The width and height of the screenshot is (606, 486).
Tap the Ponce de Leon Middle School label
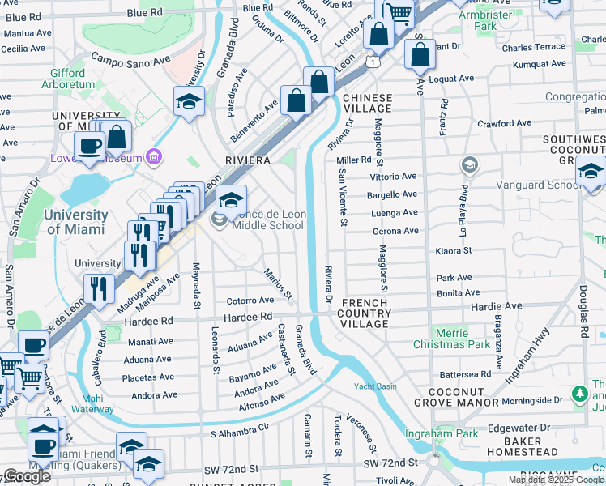click(267, 220)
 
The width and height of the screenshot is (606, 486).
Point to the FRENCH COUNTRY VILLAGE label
click(363, 313)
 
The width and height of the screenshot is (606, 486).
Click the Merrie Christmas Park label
click(451, 339)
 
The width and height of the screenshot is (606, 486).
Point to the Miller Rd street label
click(353, 160)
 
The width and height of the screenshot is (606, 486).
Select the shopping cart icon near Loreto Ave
click(398, 12)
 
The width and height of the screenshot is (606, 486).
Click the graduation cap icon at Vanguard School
click(591, 171)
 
